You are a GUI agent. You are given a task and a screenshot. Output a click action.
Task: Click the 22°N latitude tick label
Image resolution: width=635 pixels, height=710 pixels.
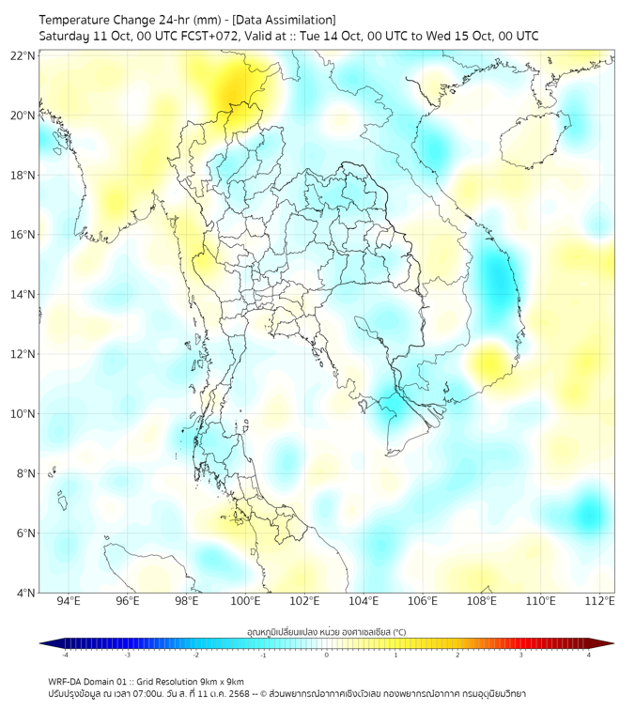coord(23,55)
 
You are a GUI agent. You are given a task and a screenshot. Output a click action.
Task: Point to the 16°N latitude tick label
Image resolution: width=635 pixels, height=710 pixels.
coord(23,235)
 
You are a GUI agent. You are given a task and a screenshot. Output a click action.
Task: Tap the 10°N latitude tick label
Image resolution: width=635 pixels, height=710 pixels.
coord(23,414)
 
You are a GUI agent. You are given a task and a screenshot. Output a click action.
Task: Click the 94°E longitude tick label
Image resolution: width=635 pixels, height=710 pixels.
coord(69,602)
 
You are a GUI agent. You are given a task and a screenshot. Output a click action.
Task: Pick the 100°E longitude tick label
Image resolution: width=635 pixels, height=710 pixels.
coord(245,602)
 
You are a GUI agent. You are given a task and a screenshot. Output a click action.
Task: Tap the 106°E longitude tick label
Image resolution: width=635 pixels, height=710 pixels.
coord(423,602)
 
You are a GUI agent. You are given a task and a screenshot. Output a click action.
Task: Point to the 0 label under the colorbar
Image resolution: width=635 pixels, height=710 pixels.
coord(327,655)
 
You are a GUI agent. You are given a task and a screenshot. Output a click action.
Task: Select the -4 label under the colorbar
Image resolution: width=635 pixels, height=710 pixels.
coord(65,655)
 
